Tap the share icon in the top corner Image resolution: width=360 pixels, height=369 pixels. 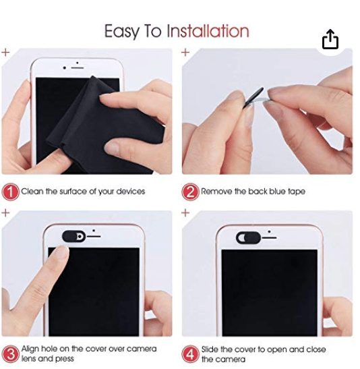[x=330, y=39]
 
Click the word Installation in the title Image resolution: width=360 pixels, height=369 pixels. [x=208, y=31]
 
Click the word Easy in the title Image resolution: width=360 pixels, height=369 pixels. [x=121, y=32]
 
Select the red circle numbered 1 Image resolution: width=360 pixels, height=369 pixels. [x=10, y=192]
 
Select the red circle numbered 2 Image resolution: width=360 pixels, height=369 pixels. [x=190, y=192]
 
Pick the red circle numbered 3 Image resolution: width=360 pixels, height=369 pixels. [x=10, y=354]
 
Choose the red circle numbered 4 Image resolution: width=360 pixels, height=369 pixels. [x=190, y=354]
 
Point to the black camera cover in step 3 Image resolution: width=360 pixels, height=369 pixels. [x=74, y=236]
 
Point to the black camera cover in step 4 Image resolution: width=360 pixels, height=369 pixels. [x=248, y=237]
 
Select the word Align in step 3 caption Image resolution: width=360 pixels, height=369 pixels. [x=30, y=349]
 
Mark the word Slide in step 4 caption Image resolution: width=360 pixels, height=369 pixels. [x=210, y=349]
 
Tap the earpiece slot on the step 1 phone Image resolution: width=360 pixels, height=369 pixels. [x=78, y=68]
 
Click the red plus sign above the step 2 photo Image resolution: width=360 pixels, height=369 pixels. [x=185, y=52]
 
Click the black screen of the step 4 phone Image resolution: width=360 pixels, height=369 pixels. [x=270, y=293]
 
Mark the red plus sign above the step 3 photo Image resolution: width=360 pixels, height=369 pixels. [x=5, y=213]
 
